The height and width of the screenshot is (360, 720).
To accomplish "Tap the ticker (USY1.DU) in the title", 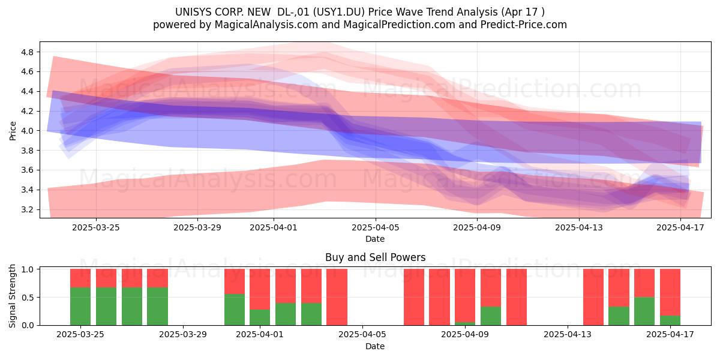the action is (339, 12).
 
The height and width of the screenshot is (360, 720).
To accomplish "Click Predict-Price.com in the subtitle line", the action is (524, 25).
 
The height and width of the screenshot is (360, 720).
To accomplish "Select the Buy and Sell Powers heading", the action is (375, 257).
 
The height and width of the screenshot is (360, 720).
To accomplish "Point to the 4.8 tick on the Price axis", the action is (27, 52).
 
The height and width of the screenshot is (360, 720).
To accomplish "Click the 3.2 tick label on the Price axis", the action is (27, 209).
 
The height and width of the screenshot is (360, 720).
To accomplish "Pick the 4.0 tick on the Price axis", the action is (27, 131).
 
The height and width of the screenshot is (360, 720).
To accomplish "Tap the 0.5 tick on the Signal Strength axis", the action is (27, 298).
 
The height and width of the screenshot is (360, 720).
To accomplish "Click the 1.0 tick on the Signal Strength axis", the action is (27, 269).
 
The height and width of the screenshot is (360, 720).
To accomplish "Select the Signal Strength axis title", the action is (12, 296).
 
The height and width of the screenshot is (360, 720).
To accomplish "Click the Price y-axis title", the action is (13, 131).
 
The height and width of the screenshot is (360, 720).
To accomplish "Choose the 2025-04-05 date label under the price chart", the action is (375, 227).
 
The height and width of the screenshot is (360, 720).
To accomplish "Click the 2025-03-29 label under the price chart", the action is (197, 227).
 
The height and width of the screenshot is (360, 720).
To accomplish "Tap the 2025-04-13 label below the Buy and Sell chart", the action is (568, 334).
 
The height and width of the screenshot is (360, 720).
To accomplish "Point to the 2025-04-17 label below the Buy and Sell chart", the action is (670, 334).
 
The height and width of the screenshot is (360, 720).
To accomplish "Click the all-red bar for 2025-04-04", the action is (337, 297).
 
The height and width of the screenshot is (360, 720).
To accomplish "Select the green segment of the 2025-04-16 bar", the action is (644, 311).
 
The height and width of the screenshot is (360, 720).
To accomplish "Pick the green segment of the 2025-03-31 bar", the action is (235, 310).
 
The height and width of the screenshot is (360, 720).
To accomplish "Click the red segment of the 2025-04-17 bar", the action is (670, 293).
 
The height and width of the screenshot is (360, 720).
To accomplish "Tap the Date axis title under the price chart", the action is (375, 239).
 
